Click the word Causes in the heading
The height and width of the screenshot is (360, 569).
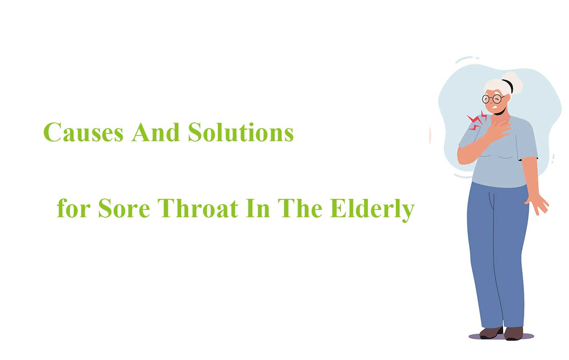coord(83,132)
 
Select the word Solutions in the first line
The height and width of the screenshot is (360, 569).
coord(241,132)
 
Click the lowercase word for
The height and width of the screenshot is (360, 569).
coord(74,208)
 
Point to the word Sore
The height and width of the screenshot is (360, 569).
coord(124,208)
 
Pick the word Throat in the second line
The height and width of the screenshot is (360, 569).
coord(198,208)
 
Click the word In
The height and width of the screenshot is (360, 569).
coord(258,208)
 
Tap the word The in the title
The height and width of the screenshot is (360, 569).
coord(300,208)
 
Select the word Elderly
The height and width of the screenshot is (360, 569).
coord(372,210)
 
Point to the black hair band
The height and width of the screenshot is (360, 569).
coord(508,86)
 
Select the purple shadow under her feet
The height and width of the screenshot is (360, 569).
coord(501,336)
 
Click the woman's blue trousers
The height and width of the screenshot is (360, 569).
coord(497,254)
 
